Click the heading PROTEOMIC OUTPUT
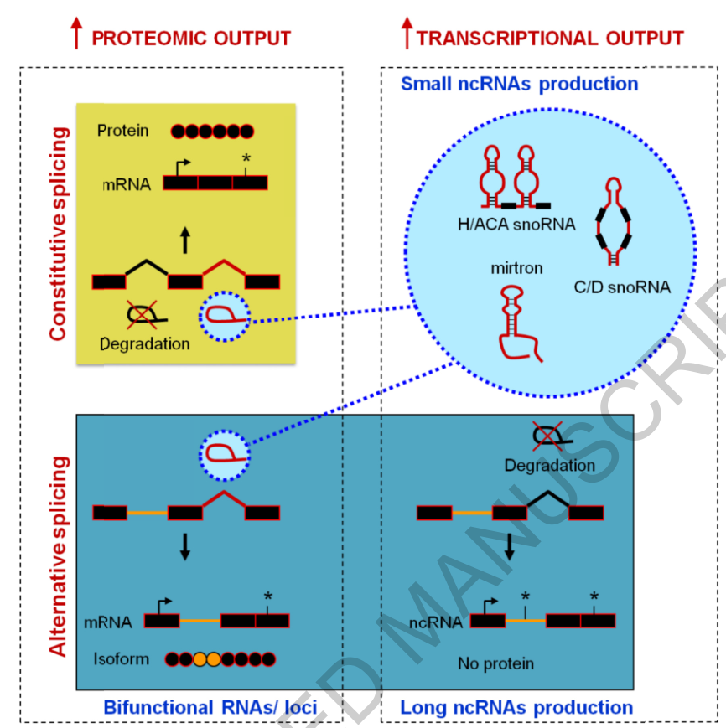click(190, 39)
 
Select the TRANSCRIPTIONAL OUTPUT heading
click(549, 39)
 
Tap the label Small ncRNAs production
click(520, 84)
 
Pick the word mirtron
click(517, 268)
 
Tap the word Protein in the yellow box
click(122, 131)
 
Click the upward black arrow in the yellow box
click(186, 241)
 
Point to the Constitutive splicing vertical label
click(57, 234)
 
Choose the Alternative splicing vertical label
click(57, 556)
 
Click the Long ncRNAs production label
click(516, 707)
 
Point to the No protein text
click(495, 663)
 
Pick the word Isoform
click(122, 658)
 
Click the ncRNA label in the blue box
click(435, 622)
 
